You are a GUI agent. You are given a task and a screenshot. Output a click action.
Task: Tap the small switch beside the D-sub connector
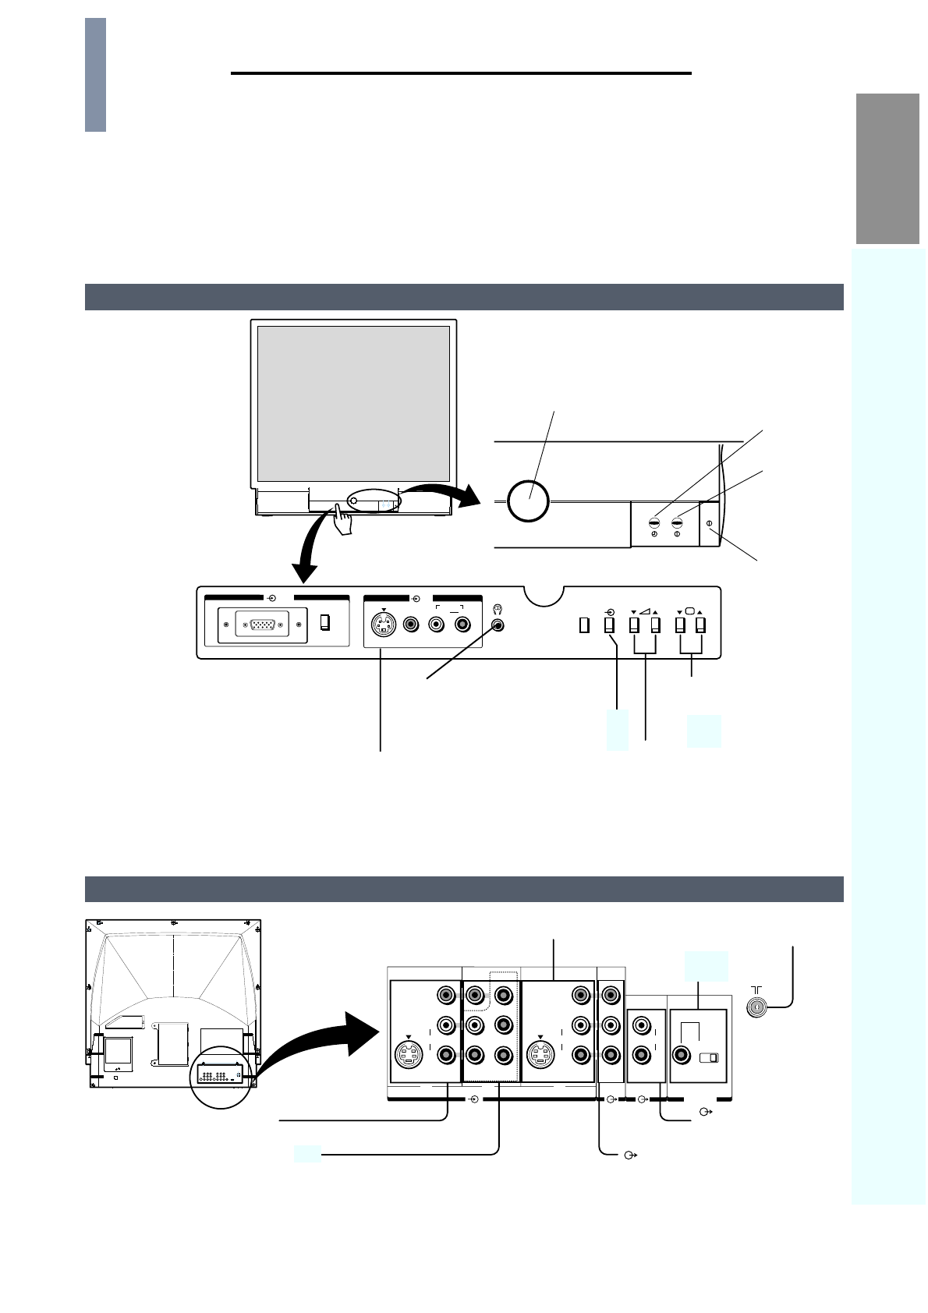tap(325, 623)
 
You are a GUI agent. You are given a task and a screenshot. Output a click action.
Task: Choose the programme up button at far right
tap(701, 625)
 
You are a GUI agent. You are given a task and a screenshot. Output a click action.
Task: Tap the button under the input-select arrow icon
tap(609, 625)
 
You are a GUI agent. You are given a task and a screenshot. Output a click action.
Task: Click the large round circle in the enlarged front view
tap(528, 500)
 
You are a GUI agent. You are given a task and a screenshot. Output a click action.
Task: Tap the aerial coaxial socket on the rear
tap(756, 1008)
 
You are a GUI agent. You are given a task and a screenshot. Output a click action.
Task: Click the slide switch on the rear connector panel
tap(709, 1058)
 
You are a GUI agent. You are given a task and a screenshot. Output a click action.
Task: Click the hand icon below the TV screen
tap(341, 520)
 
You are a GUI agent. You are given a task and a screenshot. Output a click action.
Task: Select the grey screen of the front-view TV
tap(353, 403)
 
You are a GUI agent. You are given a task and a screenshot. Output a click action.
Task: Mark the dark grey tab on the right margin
tap(887, 168)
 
